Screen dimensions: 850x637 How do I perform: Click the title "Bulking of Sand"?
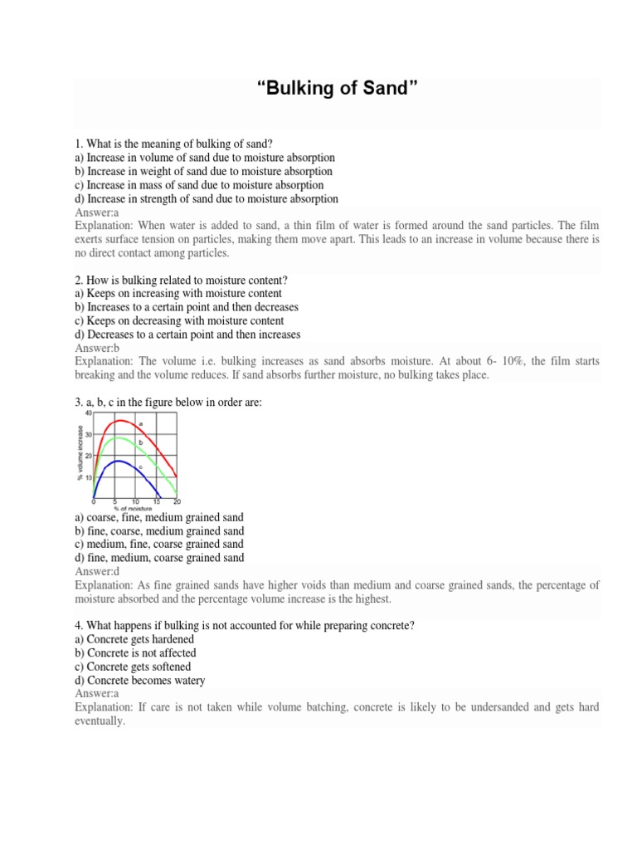point(336,89)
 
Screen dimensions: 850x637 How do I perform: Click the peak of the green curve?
point(121,437)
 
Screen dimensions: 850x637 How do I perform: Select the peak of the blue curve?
point(118,461)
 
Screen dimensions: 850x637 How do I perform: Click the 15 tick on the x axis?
point(156,502)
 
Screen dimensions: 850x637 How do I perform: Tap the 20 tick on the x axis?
point(177,502)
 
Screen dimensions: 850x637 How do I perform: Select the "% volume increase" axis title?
point(80,452)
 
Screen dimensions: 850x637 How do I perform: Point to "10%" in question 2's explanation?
point(515,362)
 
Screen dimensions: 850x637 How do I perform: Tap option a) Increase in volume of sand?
point(205,157)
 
